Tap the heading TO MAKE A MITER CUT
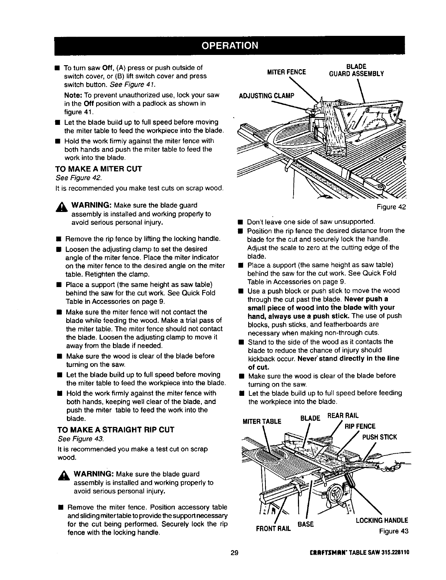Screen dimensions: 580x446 click(98, 169)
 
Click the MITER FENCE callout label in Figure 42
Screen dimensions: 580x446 click(287, 72)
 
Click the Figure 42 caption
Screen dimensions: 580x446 click(392, 207)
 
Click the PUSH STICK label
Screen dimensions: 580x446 click(379, 437)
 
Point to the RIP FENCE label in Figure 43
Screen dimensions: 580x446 click(360, 426)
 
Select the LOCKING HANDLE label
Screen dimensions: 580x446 click(382, 520)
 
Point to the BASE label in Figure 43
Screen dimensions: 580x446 click(306, 524)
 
